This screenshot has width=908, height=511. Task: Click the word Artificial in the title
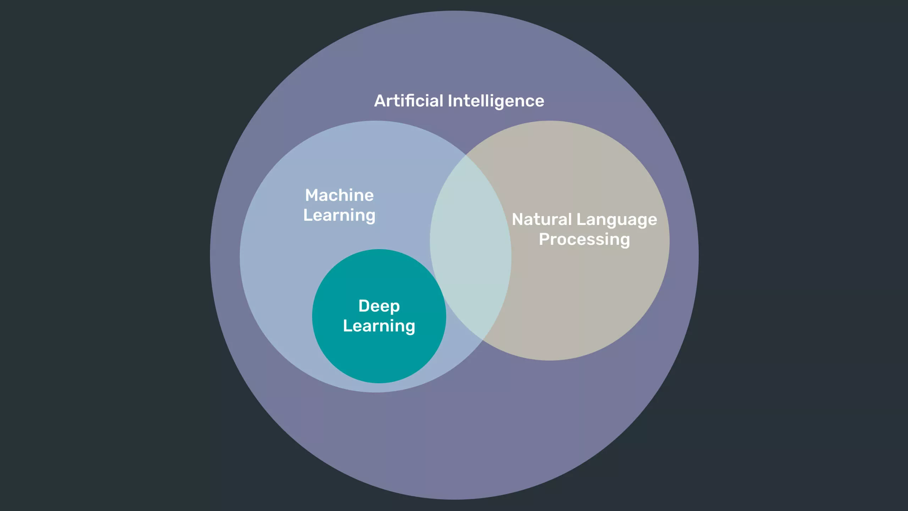coord(409,101)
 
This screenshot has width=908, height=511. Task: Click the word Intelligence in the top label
coord(496,101)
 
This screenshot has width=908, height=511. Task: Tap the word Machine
coord(339,195)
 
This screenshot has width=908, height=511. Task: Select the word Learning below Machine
coord(339,215)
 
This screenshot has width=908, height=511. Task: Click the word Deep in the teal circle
coord(379,306)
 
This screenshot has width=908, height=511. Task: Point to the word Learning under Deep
coord(379,326)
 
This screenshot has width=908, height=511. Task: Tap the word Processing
coord(584,240)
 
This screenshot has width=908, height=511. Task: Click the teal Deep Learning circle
coord(379,355)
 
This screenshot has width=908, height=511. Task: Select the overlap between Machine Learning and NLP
coord(470,248)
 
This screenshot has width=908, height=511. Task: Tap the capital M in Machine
coord(312,195)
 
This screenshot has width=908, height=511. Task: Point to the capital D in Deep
coord(364,306)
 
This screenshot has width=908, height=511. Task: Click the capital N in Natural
coord(518,219)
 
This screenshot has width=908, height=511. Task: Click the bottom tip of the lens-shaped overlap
coord(483,340)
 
